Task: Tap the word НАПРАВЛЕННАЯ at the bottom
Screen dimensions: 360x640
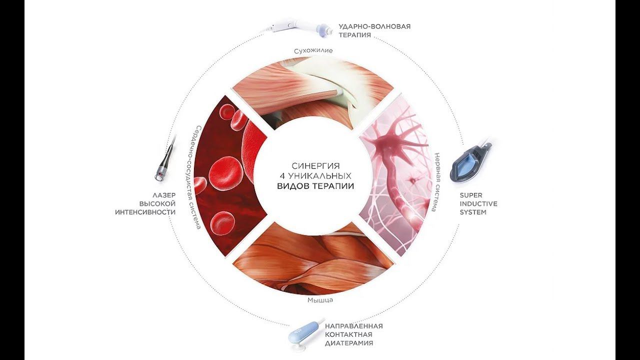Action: tap(353, 325)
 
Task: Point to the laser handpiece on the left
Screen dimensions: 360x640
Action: tap(165, 162)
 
